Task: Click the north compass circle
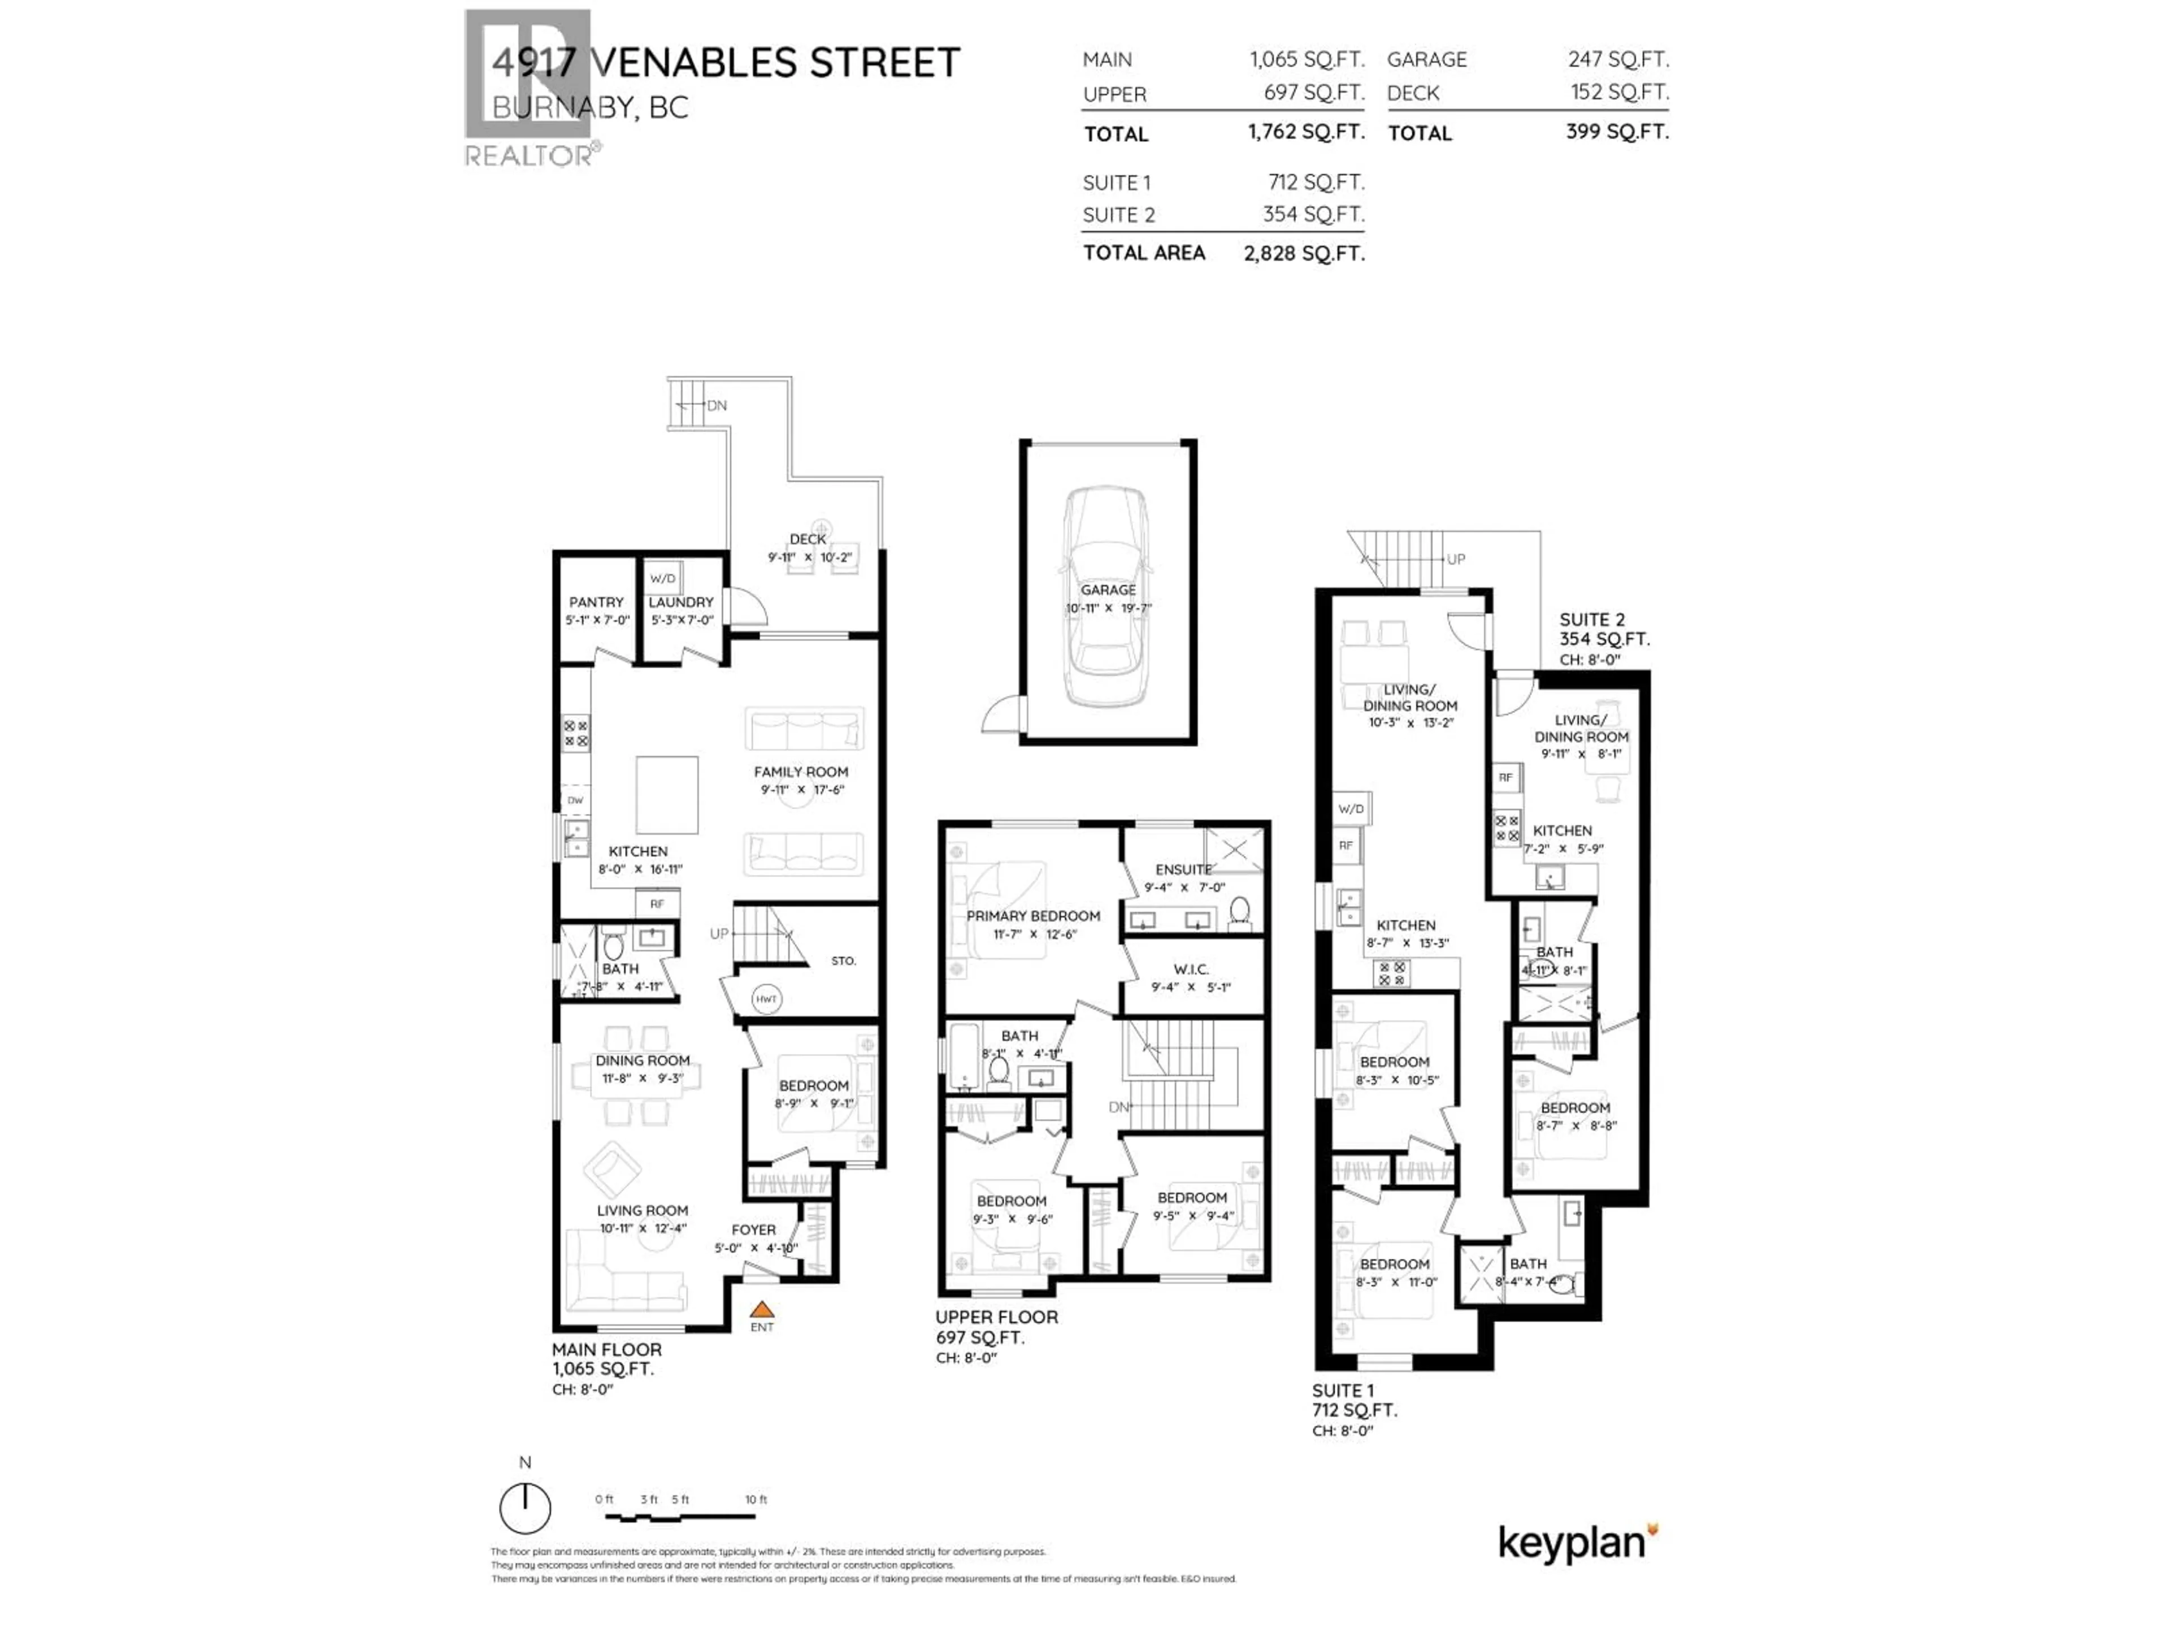(525, 1508)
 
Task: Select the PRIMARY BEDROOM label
(1033, 916)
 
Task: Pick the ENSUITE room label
(1183, 869)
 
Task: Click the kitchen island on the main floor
(667, 795)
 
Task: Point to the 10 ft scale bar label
(756, 1500)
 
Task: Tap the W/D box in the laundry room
(663, 579)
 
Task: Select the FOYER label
(753, 1229)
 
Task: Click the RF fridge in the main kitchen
(657, 904)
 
